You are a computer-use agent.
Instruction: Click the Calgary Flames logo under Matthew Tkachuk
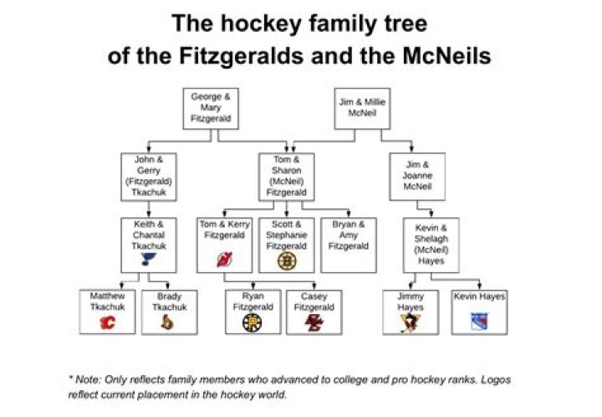(x=108, y=322)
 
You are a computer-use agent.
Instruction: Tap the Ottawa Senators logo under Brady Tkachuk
(x=167, y=322)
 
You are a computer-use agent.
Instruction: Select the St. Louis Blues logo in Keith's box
(x=148, y=259)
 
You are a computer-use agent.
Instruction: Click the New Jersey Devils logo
(x=225, y=260)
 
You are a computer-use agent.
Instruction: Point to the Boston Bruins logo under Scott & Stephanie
(x=287, y=261)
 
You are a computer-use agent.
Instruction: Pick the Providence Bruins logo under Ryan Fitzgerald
(x=253, y=322)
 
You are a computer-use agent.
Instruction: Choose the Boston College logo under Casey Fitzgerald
(x=314, y=322)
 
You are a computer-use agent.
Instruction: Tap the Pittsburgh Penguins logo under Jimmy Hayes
(x=411, y=323)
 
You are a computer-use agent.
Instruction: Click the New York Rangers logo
(x=480, y=322)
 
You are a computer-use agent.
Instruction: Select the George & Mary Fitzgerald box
(x=211, y=109)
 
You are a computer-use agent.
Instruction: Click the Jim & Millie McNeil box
(x=362, y=109)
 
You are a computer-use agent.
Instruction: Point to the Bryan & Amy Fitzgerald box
(x=349, y=245)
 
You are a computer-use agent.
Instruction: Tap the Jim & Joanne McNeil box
(x=417, y=177)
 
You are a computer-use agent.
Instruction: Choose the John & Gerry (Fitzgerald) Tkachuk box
(x=149, y=178)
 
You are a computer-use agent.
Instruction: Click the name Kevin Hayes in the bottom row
(x=480, y=296)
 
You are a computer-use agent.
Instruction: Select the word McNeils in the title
(x=446, y=56)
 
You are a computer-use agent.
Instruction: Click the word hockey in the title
(x=261, y=23)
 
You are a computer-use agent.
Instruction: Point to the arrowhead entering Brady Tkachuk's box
(x=167, y=286)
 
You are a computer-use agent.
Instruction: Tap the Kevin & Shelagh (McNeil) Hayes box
(x=431, y=245)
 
